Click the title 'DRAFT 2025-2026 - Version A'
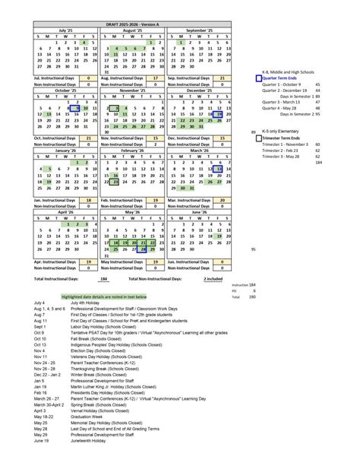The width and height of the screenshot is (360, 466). tap(128, 23)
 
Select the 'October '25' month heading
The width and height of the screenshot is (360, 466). tap(65, 90)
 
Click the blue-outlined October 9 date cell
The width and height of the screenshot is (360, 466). tap(76, 108)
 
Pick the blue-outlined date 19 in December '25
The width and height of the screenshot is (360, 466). tap(219, 114)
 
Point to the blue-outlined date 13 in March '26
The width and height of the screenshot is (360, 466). tap(219, 169)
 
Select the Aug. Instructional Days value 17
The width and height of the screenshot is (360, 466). tap(155, 78)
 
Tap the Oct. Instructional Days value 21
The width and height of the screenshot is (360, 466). tap(88, 138)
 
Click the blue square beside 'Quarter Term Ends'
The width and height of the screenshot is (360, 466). tap(258, 78)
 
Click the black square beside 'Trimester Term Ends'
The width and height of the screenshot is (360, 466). tap(258, 138)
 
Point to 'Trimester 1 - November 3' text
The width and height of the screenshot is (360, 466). tap(286, 144)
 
